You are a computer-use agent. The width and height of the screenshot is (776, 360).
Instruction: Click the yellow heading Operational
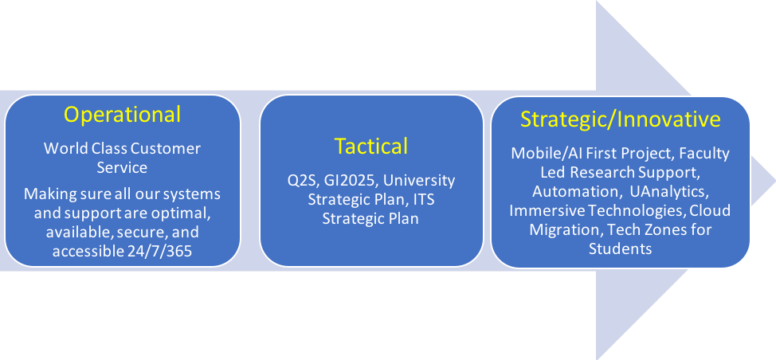[122, 115]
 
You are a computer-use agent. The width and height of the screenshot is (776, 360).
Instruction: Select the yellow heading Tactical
[371, 146]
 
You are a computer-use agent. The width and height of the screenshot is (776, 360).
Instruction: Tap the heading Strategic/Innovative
[620, 119]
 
